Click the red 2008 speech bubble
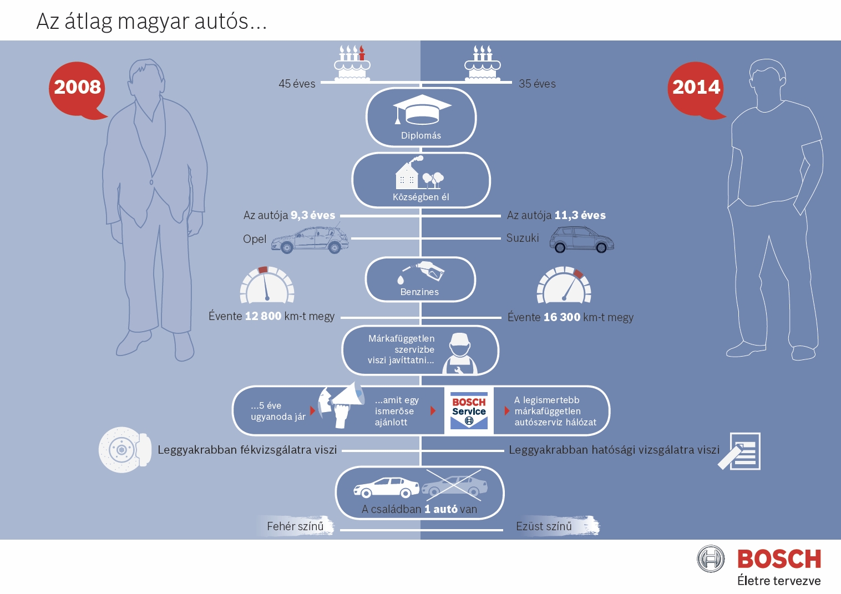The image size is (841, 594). click(x=77, y=90)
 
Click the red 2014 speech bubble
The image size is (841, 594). click(x=696, y=90)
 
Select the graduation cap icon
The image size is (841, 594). click(x=422, y=109)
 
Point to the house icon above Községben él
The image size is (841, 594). click(x=407, y=175)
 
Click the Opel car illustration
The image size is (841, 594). click(x=310, y=240)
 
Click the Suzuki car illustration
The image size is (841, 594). click(x=581, y=239)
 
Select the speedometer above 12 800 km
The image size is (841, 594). click(x=267, y=284)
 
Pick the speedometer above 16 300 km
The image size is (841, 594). click(x=564, y=284)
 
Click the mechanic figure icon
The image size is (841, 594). click(x=460, y=354)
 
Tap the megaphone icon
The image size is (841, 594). click(x=342, y=405)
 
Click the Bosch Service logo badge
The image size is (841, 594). click(x=469, y=410)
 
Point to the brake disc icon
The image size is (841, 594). click(x=125, y=449)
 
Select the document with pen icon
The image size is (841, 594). click(x=739, y=451)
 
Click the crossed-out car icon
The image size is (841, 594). click(x=454, y=485)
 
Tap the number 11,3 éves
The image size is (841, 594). click(x=580, y=215)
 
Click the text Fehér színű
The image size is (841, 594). click(x=295, y=526)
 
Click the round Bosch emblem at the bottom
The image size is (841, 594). click(x=711, y=559)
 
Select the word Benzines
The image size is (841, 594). click(x=419, y=292)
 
